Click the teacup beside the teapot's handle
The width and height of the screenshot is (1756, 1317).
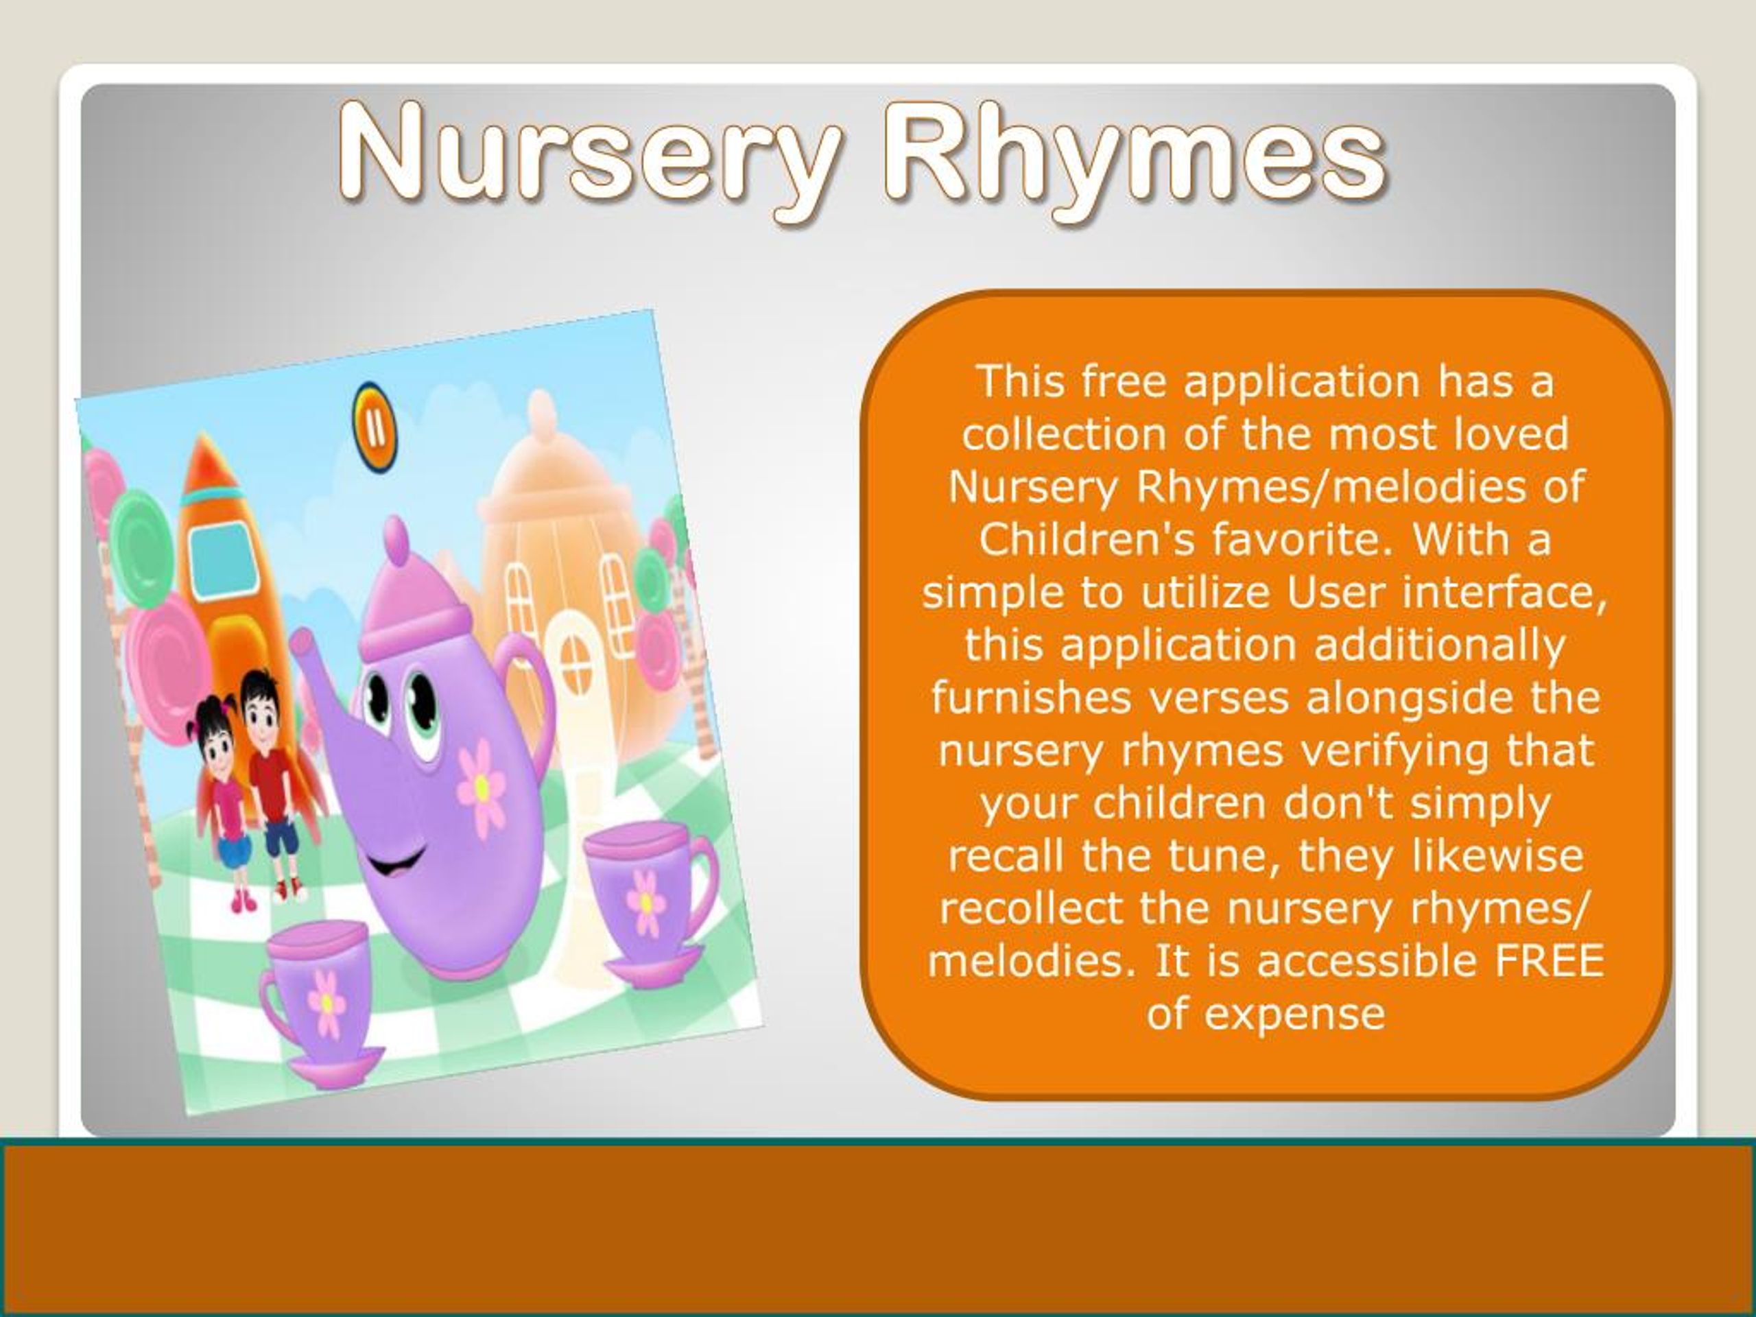(x=647, y=897)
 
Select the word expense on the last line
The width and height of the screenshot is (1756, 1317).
(x=1294, y=1014)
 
